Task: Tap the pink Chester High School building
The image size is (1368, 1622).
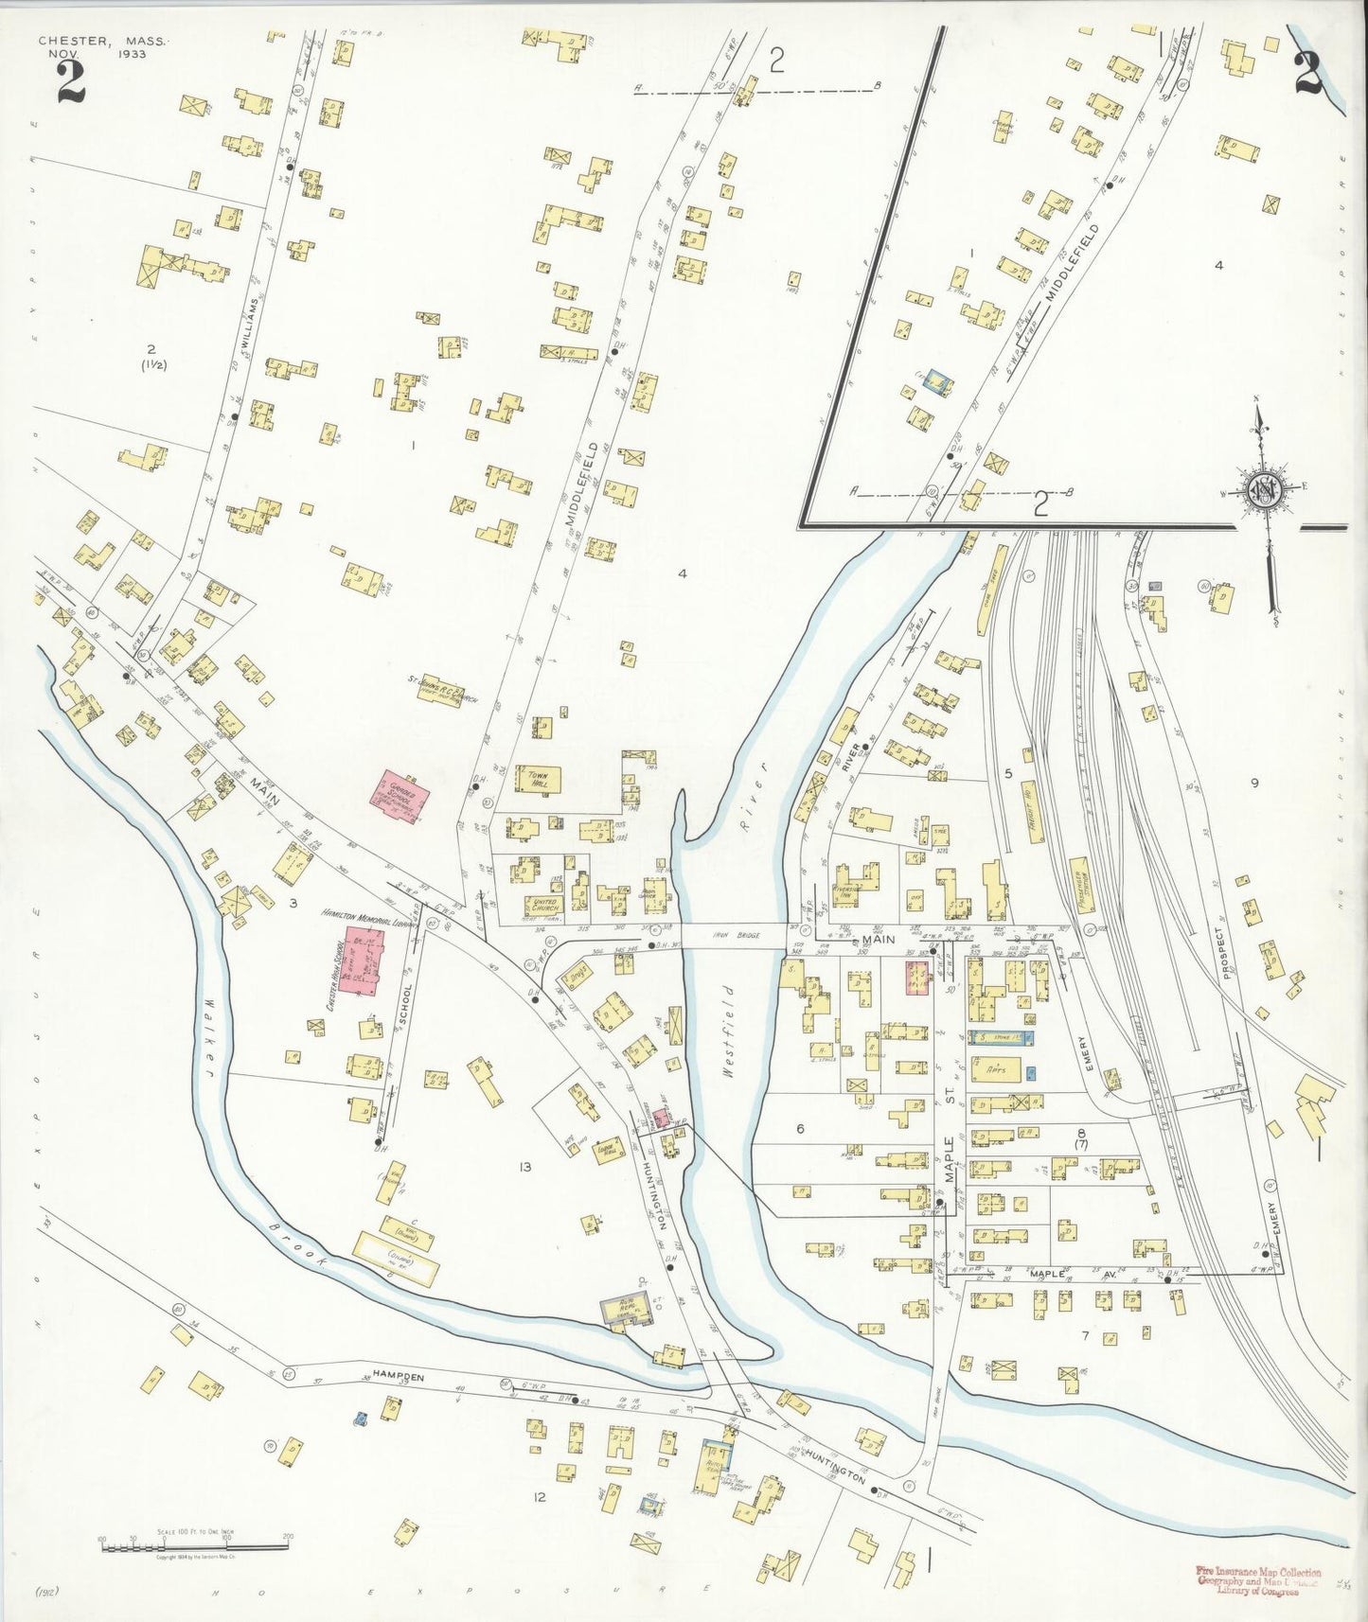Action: point(362,961)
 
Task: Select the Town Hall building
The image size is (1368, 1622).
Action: point(539,779)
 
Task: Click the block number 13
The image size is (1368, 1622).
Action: point(524,1167)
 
